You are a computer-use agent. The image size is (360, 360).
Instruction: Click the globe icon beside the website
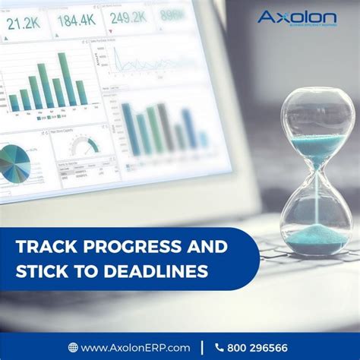pyautogui.click(x=73, y=347)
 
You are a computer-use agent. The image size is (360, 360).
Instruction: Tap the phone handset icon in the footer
pyautogui.click(x=219, y=347)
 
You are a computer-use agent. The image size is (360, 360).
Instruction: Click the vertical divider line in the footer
pyautogui.click(x=202, y=347)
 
